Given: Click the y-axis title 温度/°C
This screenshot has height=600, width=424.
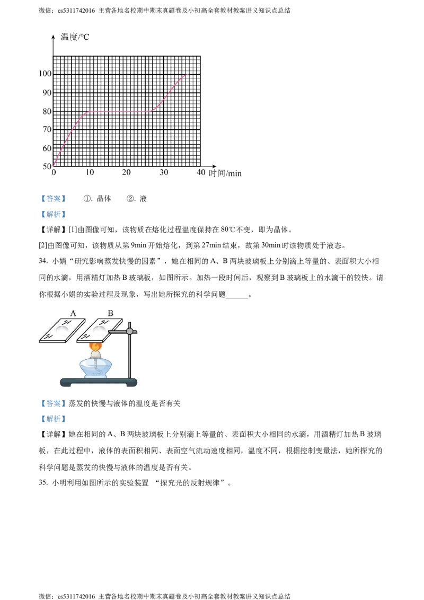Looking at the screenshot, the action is pos(75,37).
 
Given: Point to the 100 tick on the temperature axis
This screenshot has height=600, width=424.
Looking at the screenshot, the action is pos(45,74).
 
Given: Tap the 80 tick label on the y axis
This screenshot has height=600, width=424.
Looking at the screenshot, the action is pos(47,111).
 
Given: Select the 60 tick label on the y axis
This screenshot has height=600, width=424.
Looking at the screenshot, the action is pos(47,148).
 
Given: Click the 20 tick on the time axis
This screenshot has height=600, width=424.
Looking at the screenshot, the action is pos(126,172).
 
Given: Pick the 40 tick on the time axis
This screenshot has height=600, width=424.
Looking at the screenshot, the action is pos(201,172).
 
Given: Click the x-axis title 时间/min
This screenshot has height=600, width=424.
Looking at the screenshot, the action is pos(225,173).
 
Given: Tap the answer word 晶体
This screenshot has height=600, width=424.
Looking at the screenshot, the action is pos(104,198).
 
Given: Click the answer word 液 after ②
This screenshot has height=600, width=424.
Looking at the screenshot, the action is pos(143,198).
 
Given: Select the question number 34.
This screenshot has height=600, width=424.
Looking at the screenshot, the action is pos(43,261).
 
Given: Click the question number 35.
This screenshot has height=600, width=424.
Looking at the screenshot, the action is pos(43,482).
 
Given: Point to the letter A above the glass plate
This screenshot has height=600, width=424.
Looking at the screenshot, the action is pos(73,313).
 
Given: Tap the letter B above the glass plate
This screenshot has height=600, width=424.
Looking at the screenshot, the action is pos(111,313).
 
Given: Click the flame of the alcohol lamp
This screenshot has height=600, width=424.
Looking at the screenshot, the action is pos(96,346).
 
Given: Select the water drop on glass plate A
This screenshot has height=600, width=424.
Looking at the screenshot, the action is pos(62,330).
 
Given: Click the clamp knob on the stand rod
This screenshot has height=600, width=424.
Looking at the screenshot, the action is pos(130,331).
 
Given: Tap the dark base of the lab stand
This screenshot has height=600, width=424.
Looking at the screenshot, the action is pos(99,382).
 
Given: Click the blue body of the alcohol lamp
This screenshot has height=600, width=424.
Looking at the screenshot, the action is pos(96,367).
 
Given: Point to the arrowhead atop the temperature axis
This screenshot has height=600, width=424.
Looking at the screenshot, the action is pos(53,37).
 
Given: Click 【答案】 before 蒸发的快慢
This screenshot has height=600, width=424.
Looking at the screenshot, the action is pos(53,403).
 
